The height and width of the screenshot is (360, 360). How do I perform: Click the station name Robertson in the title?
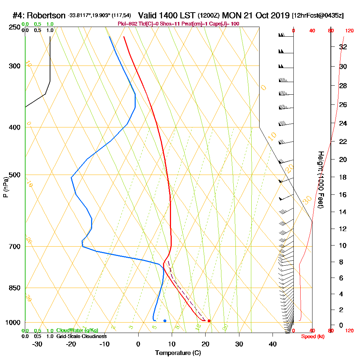[46, 15]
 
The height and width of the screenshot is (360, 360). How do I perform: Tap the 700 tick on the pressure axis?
[14, 247]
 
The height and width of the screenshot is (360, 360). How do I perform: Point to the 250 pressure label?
[14, 27]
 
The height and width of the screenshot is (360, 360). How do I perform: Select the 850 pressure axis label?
[14, 288]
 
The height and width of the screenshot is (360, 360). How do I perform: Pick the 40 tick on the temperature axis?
[273, 344]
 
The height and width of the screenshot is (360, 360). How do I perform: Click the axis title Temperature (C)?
[178, 353]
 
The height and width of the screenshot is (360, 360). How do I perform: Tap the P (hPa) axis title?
[6, 187]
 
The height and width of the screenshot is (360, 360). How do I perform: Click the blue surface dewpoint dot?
[165, 321]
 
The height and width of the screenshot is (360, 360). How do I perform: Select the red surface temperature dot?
[209, 321]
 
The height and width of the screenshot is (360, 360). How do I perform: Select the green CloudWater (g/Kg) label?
[77, 330]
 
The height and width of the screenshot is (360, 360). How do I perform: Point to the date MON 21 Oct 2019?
[256, 15]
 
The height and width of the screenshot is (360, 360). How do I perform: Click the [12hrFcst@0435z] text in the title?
[318, 15]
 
